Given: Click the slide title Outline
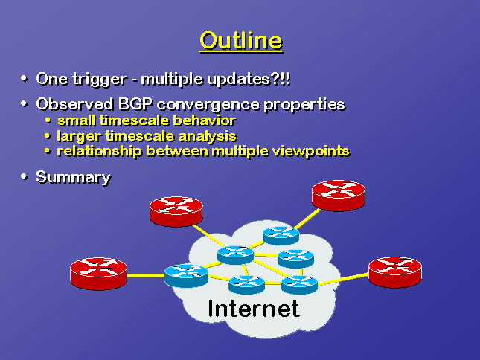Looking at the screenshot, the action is coord(241,41).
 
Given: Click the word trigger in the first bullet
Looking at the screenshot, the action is coord(100,80).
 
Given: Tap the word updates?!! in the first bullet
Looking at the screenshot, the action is coord(249,80).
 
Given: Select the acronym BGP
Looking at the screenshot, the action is coord(135,104).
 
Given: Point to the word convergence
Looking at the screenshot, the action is coord(208,105).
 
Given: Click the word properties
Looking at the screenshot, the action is coord(304,105).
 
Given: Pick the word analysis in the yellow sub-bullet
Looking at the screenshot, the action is coord(207,136).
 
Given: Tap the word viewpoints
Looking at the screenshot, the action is coord(311,151).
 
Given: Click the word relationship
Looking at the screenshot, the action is coord(99,151).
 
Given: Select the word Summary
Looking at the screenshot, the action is coord(73,178).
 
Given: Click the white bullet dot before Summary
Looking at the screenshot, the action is coord(24,176).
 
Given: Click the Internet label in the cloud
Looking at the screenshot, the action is coord(254,309).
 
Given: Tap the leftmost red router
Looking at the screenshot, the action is coord(98,273).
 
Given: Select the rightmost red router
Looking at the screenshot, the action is coord(395,272).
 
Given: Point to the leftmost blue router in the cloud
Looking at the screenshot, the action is coord(186,276).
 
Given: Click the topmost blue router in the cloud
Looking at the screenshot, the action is coord(281,236).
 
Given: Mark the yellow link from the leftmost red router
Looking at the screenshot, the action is coord(146,276).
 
